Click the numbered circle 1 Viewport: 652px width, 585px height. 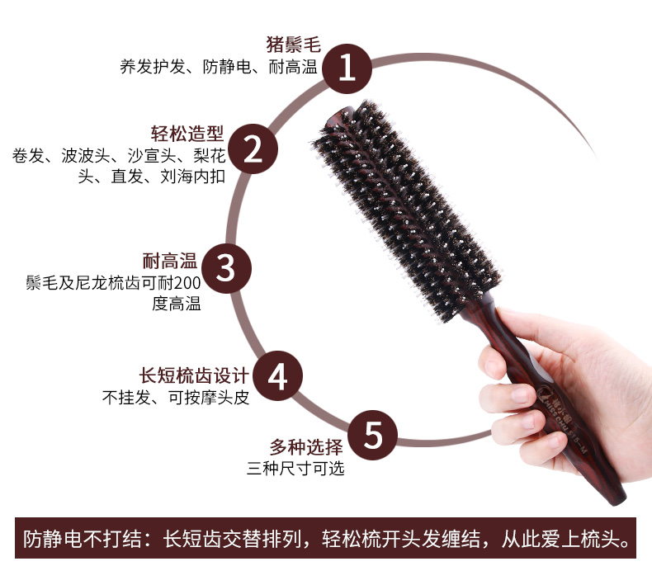(347, 68)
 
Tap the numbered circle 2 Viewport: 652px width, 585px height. (253, 149)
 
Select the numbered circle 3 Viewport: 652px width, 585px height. (226, 268)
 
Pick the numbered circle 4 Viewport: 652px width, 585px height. (278, 376)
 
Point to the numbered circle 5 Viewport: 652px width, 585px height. (372, 435)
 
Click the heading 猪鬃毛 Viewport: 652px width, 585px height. (293, 45)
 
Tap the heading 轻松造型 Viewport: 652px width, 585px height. (187, 134)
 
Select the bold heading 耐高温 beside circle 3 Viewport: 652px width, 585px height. (170, 261)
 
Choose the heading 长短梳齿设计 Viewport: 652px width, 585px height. (194, 375)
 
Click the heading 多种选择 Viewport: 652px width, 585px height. (306, 447)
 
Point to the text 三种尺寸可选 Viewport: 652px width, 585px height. (295, 469)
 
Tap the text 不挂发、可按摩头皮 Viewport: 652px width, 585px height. (176, 398)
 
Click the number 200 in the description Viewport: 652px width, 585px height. (187, 283)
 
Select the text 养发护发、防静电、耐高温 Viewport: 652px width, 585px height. (219, 67)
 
